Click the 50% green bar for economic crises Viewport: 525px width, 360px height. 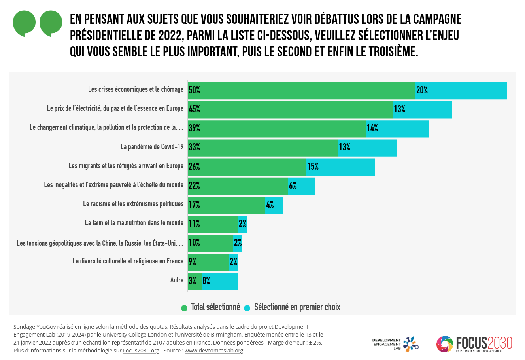(302, 91)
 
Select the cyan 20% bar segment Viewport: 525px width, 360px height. (461, 91)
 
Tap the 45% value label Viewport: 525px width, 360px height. (194, 110)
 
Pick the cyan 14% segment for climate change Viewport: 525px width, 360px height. (397, 129)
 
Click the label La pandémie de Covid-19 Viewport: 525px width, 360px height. (152, 147)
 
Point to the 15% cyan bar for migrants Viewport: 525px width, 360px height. (340, 167)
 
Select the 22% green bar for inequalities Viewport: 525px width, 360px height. (238, 186)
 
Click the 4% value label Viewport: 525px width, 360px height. (270, 205)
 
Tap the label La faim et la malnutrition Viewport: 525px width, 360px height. (134, 223)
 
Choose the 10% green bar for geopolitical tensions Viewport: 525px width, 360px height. (210, 243)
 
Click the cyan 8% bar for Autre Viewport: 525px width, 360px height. (220, 281)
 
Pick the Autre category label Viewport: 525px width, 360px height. (177, 280)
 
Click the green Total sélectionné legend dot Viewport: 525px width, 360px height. (184, 308)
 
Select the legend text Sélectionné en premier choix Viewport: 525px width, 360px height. (297, 307)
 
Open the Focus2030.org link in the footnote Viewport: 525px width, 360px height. (141, 351)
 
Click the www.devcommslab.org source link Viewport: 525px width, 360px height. (213, 351)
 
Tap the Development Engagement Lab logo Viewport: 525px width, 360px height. (395, 344)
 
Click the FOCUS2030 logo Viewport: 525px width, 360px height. (474, 344)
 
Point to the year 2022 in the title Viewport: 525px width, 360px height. (170, 36)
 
